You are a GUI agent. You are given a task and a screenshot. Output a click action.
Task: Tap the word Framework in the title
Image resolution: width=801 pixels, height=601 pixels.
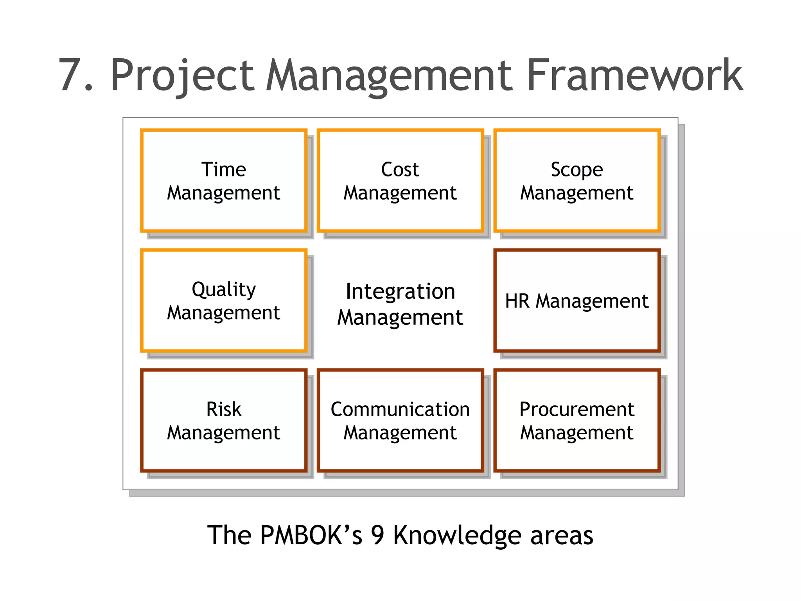click(x=635, y=75)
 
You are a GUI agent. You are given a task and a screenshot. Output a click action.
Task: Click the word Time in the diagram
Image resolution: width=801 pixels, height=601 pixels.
click(x=224, y=169)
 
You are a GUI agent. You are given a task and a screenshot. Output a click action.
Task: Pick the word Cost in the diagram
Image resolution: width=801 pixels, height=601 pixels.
click(x=400, y=169)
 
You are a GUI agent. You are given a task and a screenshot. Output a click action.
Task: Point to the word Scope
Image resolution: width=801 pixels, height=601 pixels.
click(x=577, y=170)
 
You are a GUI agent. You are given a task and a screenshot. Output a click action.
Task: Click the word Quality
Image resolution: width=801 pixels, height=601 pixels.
click(x=224, y=290)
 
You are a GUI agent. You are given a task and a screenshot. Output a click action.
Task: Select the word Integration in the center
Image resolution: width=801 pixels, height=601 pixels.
click(x=400, y=292)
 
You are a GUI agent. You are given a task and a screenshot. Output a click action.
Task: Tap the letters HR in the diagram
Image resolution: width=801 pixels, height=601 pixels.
click(x=517, y=301)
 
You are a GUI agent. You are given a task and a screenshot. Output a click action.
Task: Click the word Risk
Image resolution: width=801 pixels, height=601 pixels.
click(x=224, y=409)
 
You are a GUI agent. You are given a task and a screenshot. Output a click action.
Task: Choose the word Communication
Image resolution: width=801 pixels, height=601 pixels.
click(x=400, y=409)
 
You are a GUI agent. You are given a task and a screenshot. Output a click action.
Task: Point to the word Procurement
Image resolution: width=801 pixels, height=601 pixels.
click(x=577, y=409)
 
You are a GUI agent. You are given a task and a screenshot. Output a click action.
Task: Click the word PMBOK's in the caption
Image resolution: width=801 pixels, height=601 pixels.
click(x=311, y=535)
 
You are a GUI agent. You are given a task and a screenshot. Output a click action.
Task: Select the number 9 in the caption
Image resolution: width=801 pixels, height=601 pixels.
click(x=377, y=535)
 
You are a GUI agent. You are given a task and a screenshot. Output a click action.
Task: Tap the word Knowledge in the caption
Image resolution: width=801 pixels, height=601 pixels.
click(x=457, y=536)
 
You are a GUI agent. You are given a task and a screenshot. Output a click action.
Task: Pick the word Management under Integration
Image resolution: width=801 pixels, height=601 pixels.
click(x=400, y=317)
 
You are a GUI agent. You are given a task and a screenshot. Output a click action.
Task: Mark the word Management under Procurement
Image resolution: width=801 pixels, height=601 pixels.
click(x=577, y=433)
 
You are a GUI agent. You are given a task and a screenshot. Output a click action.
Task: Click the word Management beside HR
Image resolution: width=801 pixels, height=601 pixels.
click(x=592, y=302)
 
